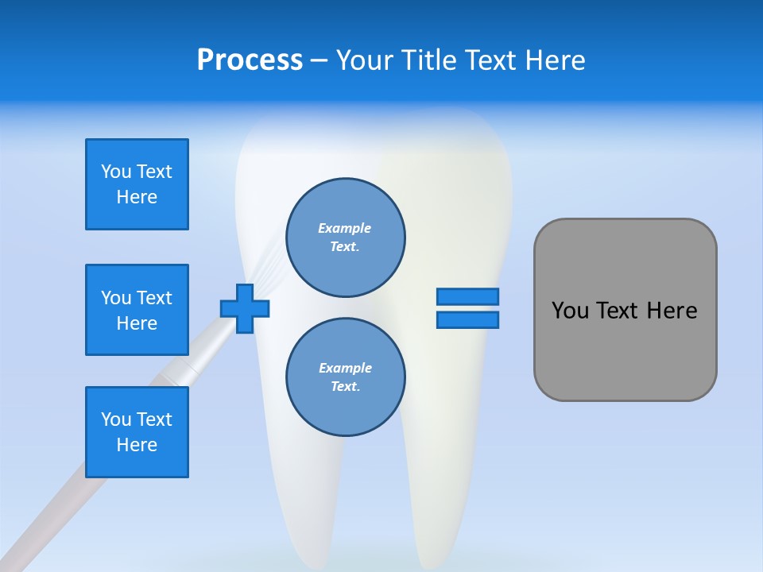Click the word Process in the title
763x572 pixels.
[250, 60]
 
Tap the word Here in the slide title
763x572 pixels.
[554, 60]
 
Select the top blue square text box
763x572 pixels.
[137, 184]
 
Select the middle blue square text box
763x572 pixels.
[137, 310]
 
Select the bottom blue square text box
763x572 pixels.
[137, 432]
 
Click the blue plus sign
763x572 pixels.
[245, 308]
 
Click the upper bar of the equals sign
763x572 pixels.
[467, 296]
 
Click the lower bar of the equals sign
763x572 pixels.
[467, 319]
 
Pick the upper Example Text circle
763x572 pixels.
[345, 238]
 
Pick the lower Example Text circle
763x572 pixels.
[345, 377]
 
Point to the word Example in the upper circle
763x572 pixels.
[345, 228]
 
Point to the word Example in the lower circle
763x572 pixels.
[345, 368]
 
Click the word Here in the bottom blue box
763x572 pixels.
[137, 445]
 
